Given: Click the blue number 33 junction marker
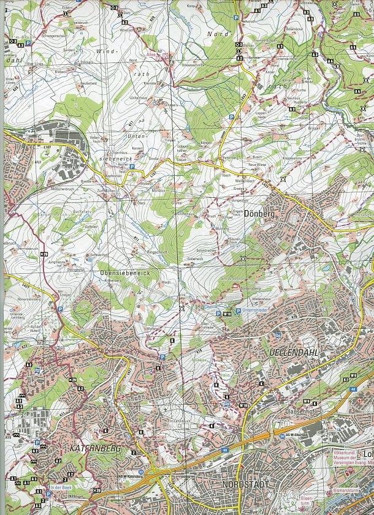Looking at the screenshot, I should click(x=141, y=472).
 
